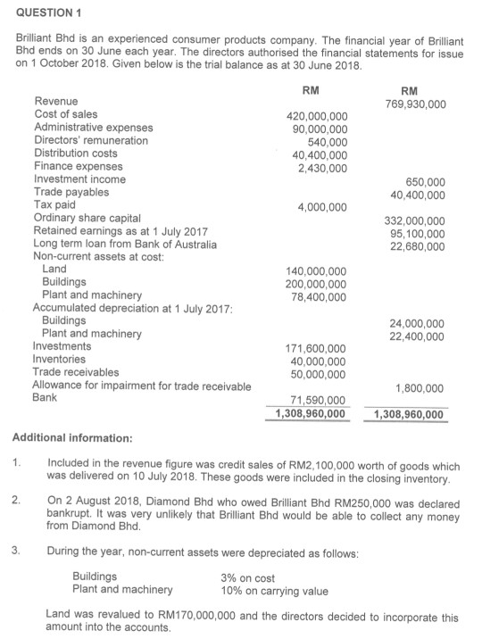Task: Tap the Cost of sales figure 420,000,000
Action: pos(317,116)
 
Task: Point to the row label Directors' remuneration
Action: pos(91,141)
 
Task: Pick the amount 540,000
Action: pos(328,141)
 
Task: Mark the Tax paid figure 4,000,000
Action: pos(321,207)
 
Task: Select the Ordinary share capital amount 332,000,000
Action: pos(417,220)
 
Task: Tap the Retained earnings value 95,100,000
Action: pos(420,233)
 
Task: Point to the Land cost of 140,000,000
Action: pos(317,270)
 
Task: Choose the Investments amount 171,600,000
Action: pos(317,347)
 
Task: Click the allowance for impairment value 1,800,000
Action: pos(421,387)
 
